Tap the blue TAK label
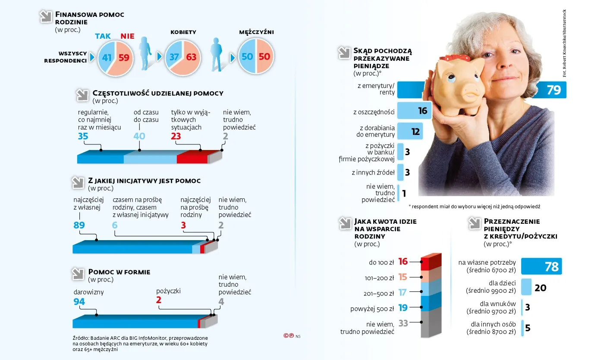103,37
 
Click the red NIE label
127,37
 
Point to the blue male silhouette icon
218,54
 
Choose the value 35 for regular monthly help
83,136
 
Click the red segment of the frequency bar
192,158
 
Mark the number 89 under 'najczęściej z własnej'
79,225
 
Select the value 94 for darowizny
79,302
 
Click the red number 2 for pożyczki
159,301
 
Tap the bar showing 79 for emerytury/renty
548,90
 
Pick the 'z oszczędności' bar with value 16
414,111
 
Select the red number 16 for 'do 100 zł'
403,261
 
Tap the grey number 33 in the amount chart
403,323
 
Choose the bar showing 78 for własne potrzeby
541,266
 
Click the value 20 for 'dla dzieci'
540,288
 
